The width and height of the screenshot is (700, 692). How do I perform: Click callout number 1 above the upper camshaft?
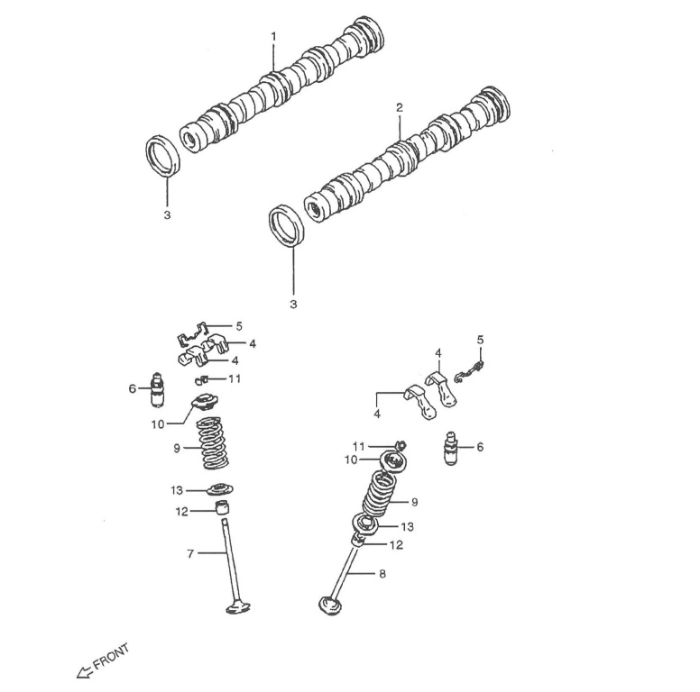pyautogui.click(x=273, y=36)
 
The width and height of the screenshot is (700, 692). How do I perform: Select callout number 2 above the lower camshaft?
pyautogui.click(x=399, y=107)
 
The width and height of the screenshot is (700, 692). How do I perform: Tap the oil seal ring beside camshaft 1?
pyautogui.click(x=164, y=157)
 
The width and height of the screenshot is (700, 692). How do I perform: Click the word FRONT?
pyautogui.click(x=111, y=656)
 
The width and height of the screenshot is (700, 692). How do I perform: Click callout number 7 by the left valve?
pyautogui.click(x=190, y=553)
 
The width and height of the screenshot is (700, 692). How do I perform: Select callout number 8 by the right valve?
pyautogui.click(x=382, y=573)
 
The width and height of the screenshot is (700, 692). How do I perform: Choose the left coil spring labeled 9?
pyautogui.click(x=213, y=443)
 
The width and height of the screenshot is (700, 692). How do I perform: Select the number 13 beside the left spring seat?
pyautogui.click(x=177, y=490)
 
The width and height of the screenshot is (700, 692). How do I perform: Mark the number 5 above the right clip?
pyautogui.click(x=480, y=339)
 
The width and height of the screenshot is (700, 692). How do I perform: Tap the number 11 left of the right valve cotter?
pyautogui.click(x=358, y=445)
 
